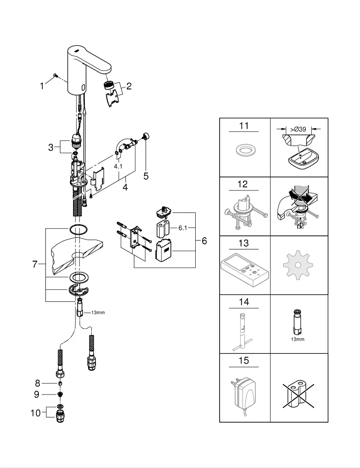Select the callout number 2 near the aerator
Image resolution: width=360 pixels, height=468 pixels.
pyautogui.click(x=129, y=86)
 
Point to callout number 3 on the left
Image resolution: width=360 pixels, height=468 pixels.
pyautogui.click(x=51, y=148)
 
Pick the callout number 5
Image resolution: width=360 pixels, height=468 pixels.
pyautogui.click(x=146, y=176)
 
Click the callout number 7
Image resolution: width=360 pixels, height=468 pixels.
pyautogui.click(x=35, y=264)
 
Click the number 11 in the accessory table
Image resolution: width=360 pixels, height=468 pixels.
pyautogui.click(x=244, y=126)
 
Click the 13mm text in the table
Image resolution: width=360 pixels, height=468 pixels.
pyautogui.click(x=297, y=339)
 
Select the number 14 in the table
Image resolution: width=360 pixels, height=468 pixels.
pyautogui.click(x=244, y=302)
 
